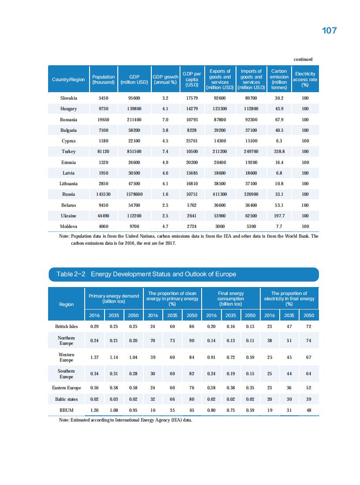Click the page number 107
point(329,30)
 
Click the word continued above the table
point(303,59)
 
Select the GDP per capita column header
point(192,79)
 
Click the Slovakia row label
point(68,98)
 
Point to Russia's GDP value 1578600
point(134,194)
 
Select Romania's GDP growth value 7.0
point(165,119)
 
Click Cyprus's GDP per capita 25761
point(192,141)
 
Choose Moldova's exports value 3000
point(220,226)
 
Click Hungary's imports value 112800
point(251,108)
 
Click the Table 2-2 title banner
point(183,274)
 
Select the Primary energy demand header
point(113,298)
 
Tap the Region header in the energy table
point(66,304)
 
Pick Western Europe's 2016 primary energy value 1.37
point(94,357)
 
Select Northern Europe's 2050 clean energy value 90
point(191,340)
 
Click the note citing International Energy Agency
point(126,420)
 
